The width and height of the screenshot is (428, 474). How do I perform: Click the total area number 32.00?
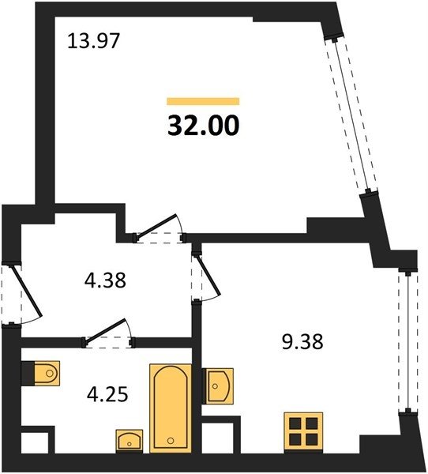[x=204, y=126]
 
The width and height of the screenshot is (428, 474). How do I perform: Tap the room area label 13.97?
[x=94, y=41]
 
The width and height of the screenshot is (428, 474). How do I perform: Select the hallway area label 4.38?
[x=105, y=280]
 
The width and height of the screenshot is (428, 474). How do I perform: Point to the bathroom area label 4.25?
[x=107, y=394]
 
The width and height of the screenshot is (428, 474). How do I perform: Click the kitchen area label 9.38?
[x=302, y=341]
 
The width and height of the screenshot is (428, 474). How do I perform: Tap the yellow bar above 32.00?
[x=203, y=101]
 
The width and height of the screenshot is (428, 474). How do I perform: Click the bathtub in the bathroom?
[x=171, y=408]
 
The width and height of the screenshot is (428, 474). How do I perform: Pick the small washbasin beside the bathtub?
[x=130, y=441]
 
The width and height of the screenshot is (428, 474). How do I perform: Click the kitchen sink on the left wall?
[x=218, y=386]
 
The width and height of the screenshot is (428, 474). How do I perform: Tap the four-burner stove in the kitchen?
[x=303, y=432]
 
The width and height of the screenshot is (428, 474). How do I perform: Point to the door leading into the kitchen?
[x=205, y=277]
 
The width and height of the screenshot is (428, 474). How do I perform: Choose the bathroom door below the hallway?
[x=108, y=333]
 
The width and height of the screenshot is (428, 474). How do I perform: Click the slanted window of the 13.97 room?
[x=351, y=115]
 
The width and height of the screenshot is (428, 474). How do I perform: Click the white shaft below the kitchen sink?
[x=218, y=438]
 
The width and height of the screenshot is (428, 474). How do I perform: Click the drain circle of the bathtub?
[x=171, y=440]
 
